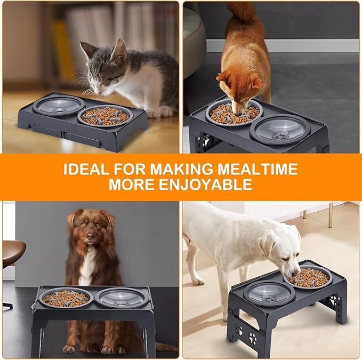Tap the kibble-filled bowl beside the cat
click(x=104, y=115)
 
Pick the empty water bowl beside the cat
click(x=58, y=105)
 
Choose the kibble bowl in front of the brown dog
click(x=65, y=298)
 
